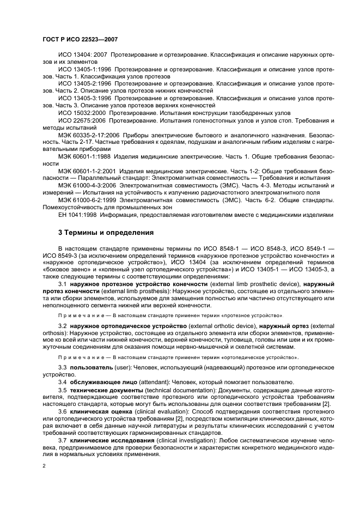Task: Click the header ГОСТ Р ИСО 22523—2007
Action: pos(80,40)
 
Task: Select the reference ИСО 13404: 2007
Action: pos(82,56)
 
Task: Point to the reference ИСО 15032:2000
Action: pos(82,112)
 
